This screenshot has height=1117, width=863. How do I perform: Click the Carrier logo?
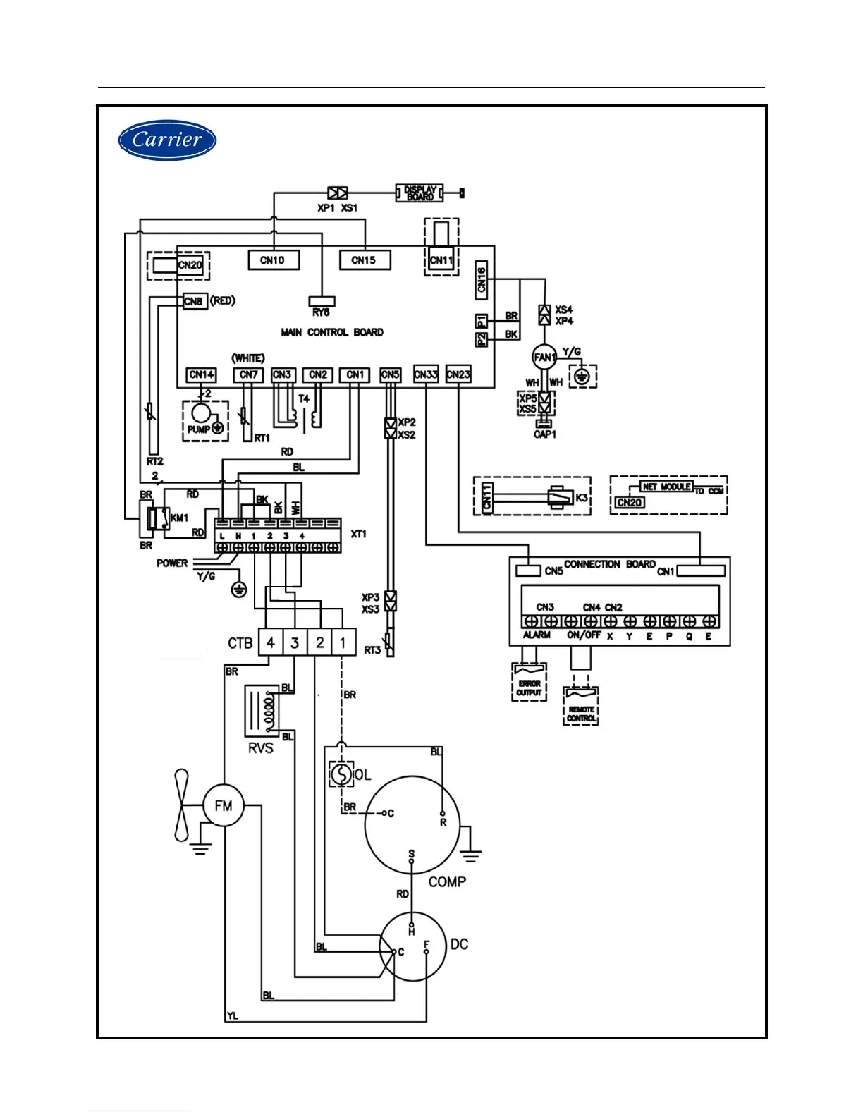(167, 140)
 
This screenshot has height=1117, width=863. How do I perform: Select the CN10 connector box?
(274, 260)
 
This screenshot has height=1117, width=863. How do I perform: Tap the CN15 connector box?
(364, 260)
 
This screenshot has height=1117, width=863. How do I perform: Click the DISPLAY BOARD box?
(420, 193)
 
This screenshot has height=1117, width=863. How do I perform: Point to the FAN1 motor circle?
(544, 357)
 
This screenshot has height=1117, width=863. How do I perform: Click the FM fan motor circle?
(224, 806)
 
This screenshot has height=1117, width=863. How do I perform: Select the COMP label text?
(447, 881)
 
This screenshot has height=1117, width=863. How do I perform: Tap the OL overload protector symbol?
(341, 774)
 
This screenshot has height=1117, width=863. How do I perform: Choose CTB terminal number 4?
(271, 642)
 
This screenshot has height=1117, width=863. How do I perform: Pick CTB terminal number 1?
(343, 642)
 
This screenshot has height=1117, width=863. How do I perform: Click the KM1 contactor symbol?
(157, 518)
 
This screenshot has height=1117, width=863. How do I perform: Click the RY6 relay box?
(322, 302)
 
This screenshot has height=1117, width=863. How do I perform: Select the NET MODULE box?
(666, 487)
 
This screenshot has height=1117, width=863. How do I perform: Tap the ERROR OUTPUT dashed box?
(529, 682)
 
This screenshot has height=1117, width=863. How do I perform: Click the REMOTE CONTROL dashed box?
(581, 707)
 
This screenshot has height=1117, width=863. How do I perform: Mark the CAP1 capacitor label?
(544, 434)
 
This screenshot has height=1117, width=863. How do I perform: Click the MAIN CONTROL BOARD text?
(332, 332)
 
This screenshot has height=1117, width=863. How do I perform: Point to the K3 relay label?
(582, 498)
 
